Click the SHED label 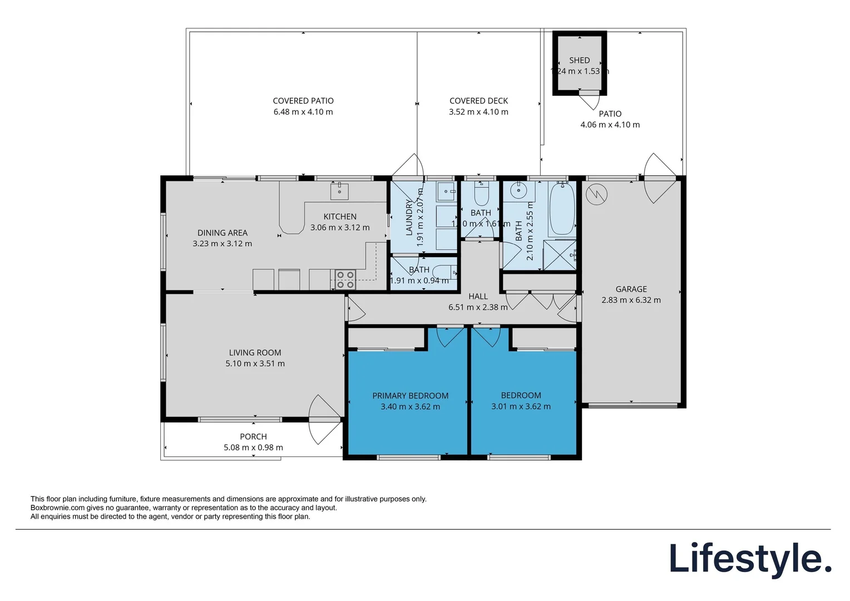[x=579, y=60]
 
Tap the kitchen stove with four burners [x=345, y=279]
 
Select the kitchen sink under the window [x=339, y=191]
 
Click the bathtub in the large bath [x=562, y=209]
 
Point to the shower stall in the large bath [x=559, y=255]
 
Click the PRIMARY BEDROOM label [x=410, y=396]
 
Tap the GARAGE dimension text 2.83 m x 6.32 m [x=631, y=300]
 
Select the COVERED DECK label [x=478, y=101]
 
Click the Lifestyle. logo [x=750, y=559]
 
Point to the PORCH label [x=253, y=437]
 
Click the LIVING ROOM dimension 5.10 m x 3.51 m [x=255, y=363]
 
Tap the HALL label [x=478, y=297]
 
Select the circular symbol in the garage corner [x=596, y=194]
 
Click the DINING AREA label [x=222, y=233]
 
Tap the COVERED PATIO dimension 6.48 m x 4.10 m [x=303, y=112]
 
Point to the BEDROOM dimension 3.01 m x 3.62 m [x=521, y=406]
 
